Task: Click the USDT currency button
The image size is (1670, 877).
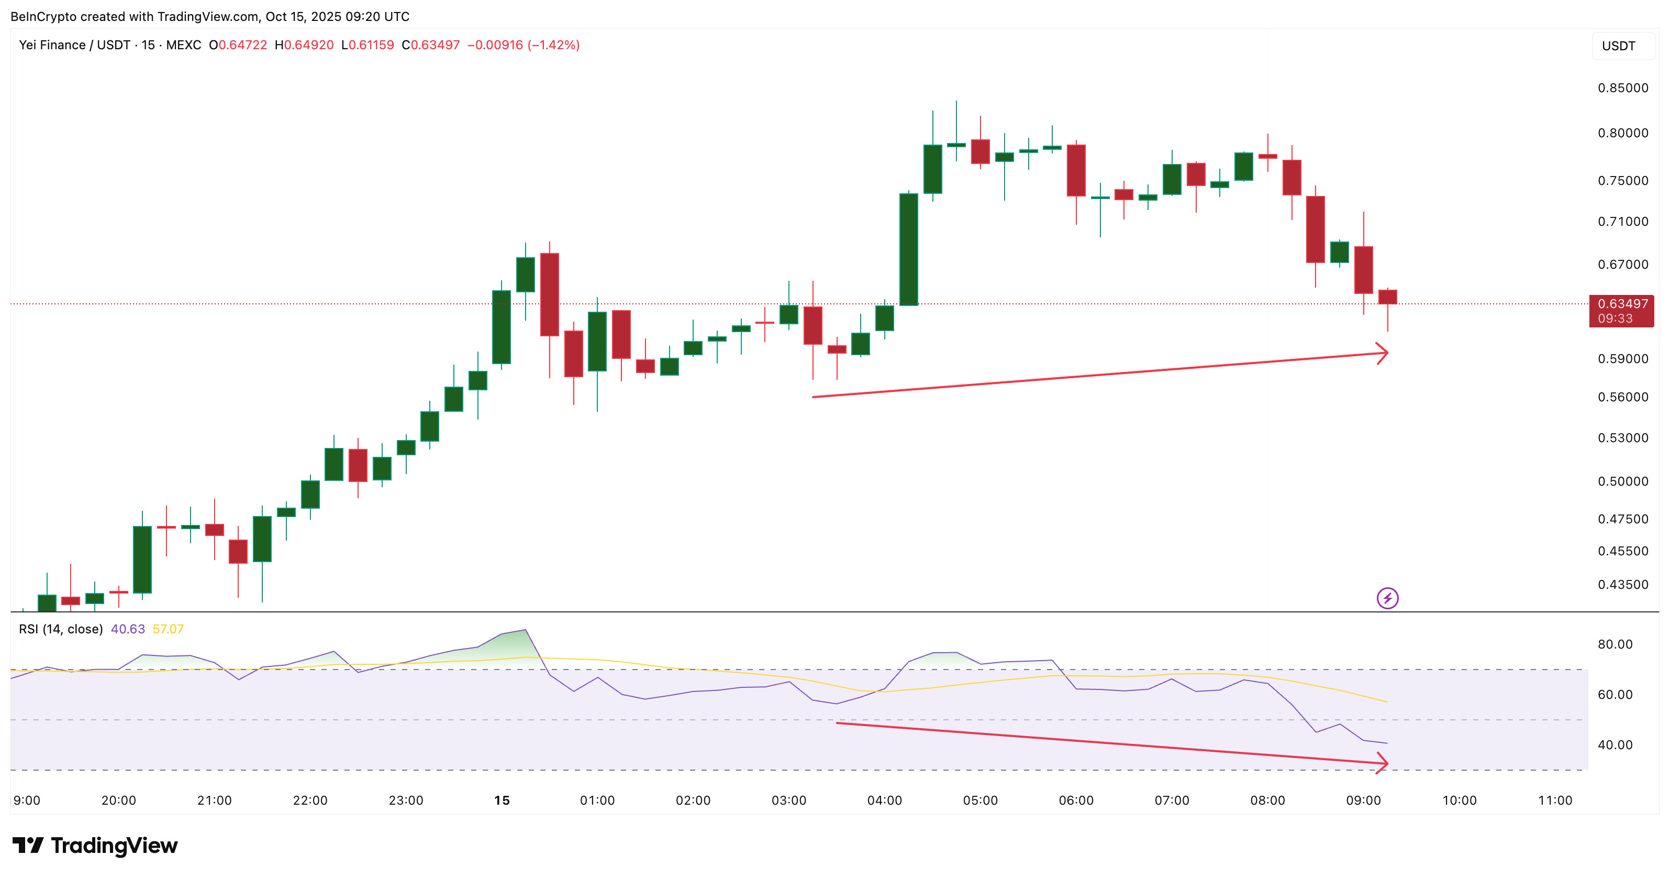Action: click(x=1618, y=46)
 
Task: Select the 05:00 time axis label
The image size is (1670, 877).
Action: click(x=980, y=801)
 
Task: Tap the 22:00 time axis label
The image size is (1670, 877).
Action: click(x=310, y=801)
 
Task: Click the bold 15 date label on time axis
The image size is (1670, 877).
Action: click(x=502, y=801)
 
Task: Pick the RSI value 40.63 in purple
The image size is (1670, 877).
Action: click(x=128, y=629)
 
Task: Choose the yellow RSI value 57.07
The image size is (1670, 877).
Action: click(x=168, y=629)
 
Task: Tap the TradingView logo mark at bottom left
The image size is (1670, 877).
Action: click(x=28, y=845)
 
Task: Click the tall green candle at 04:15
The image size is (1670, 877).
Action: click(x=909, y=250)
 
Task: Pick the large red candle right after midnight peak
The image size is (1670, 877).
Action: click(x=550, y=294)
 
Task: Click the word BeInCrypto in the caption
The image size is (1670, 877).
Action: click(x=43, y=16)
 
